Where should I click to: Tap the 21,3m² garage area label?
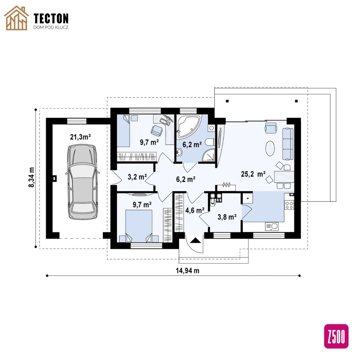click(x=80, y=137)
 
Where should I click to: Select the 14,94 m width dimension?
click(x=187, y=271)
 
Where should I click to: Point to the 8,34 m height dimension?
click(x=32, y=177)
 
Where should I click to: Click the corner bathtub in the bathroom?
click(x=188, y=126)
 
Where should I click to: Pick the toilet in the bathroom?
click(x=210, y=142)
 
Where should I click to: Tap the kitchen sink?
click(x=272, y=226)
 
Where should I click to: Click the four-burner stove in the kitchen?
click(x=289, y=204)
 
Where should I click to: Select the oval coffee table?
click(x=270, y=148)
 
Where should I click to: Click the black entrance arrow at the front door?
click(x=196, y=240)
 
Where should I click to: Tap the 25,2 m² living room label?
click(x=253, y=174)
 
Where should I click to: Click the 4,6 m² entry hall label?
click(x=195, y=210)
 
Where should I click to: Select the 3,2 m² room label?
click(x=137, y=177)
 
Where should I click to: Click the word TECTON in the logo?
click(x=51, y=18)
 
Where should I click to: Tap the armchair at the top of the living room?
click(x=271, y=128)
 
